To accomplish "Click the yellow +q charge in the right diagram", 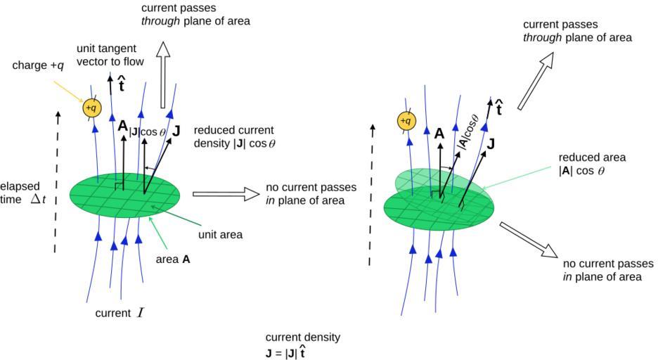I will coord(406,121).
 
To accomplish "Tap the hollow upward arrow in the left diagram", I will coord(164,73).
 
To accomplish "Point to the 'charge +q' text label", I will coord(35,65).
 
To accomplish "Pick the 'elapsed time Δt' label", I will coord(22,193).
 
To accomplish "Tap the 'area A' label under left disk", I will coord(172,259).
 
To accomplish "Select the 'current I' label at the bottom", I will coord(120,313).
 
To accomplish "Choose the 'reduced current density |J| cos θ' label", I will coord(233,137).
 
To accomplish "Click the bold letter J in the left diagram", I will coord(176,131).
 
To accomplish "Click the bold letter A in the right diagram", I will coord(439,133).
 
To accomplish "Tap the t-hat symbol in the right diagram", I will coord(499,108).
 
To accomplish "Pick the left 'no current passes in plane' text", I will coord(311,194).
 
